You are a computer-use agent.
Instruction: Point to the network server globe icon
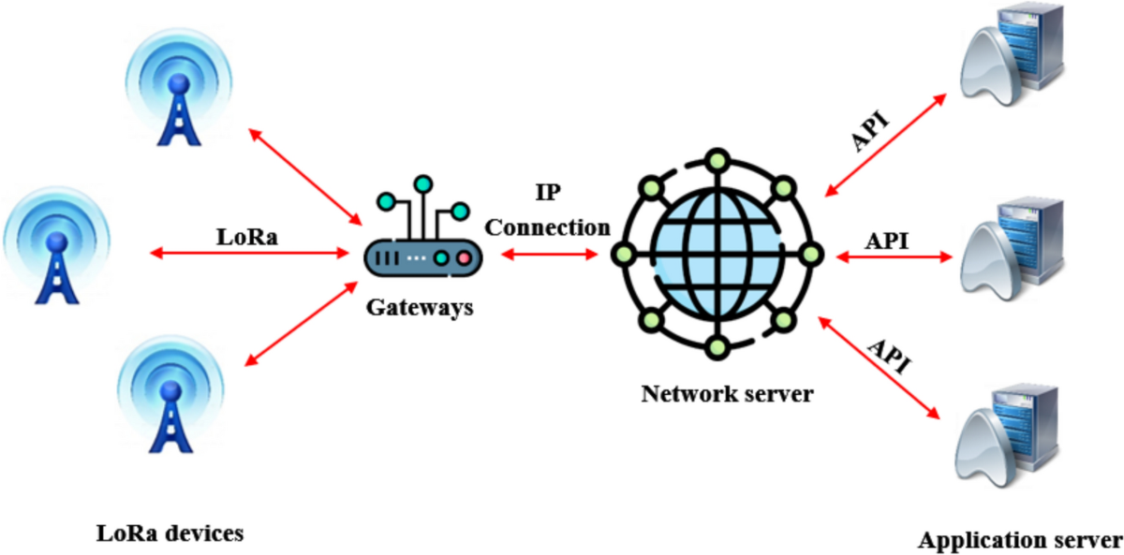coord(717,252)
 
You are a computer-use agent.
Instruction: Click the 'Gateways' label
coord(419,306)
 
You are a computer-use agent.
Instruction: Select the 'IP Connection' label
coord(548,214)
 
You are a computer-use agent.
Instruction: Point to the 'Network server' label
coord(727,393)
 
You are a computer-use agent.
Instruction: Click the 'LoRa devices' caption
coord(170,533)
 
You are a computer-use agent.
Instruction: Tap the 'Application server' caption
coord(1019,540)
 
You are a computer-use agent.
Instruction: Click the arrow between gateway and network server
coord(549,253)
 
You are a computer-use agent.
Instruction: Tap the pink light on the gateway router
coord(463,256)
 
